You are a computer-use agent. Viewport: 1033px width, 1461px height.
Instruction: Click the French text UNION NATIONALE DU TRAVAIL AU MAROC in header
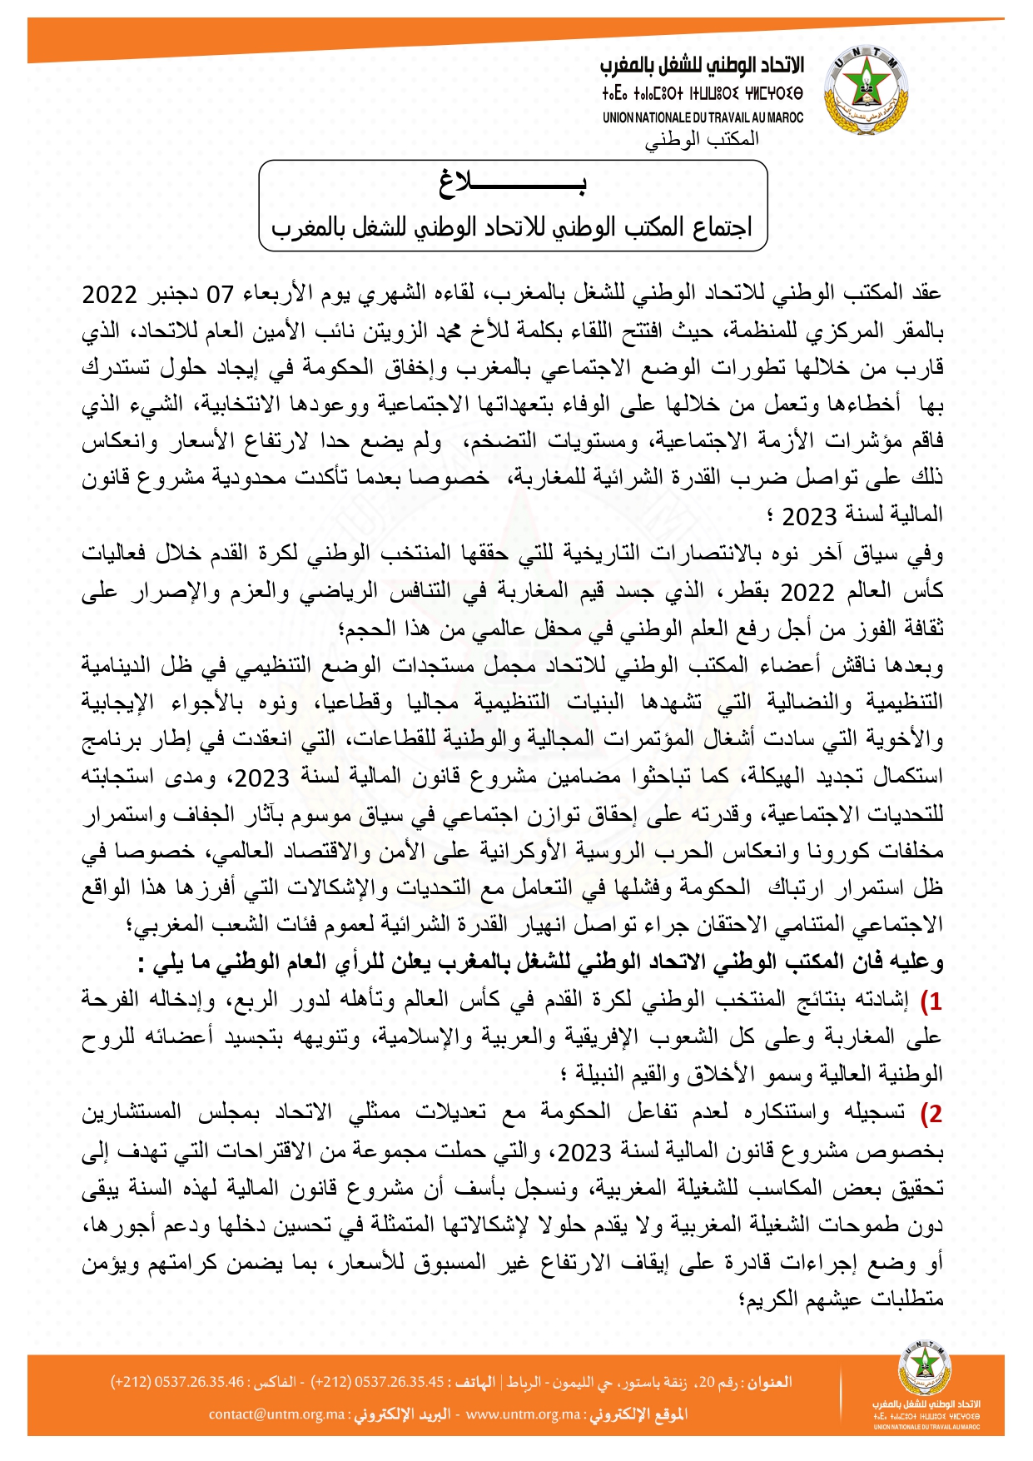703,118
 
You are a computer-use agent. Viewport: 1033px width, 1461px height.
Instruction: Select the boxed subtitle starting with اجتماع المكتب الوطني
512,226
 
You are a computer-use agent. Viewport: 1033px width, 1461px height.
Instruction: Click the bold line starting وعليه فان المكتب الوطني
541,963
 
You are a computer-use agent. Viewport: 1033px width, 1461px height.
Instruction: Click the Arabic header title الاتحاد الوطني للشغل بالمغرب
703,66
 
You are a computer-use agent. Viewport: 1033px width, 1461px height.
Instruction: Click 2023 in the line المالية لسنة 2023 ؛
808,517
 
